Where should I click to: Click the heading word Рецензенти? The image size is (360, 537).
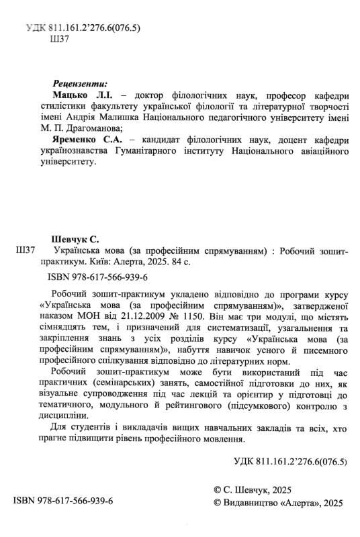pyautogui.click(x=79, y=85)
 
